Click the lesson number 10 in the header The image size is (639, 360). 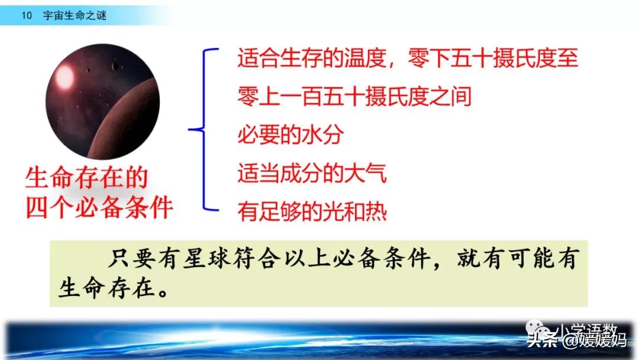point(26,16)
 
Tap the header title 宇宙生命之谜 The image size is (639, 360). point(75,16)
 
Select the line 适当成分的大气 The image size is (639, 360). point(312,173)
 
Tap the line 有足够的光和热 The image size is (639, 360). point(312,211)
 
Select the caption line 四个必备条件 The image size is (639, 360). point(99,208)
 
